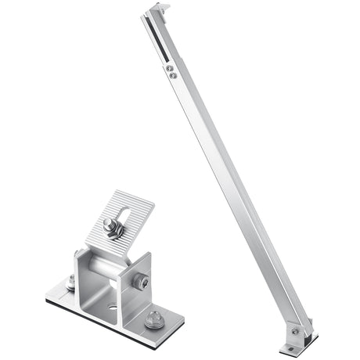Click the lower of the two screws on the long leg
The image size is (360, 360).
[172, 76]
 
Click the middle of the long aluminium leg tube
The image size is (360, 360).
[227, 180]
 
